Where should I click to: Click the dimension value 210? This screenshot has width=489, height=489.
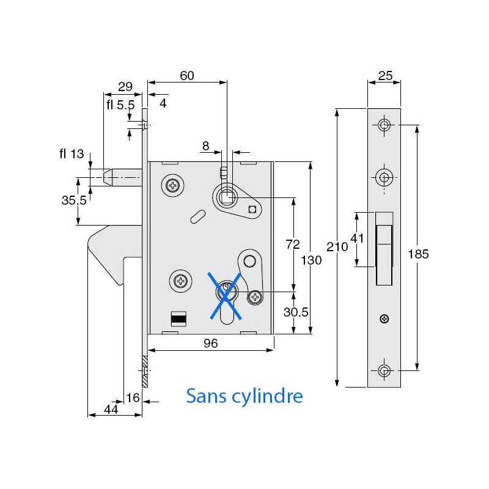[337, 247]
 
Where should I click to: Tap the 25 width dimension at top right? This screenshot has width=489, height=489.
[385, 76]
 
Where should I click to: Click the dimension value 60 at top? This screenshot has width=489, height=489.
[187, 76]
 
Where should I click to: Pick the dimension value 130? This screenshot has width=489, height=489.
[311, 260]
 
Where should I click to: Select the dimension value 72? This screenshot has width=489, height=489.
[293, 244]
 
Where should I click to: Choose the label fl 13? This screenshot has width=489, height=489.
[72, 154]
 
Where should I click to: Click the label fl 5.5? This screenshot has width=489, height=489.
[120, 105]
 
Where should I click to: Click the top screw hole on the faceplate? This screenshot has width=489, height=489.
[384, 125]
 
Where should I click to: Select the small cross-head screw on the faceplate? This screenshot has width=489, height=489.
[384, 318]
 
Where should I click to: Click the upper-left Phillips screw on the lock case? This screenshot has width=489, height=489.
[174, 185]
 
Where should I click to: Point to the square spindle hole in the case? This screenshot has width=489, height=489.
[227, 197]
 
